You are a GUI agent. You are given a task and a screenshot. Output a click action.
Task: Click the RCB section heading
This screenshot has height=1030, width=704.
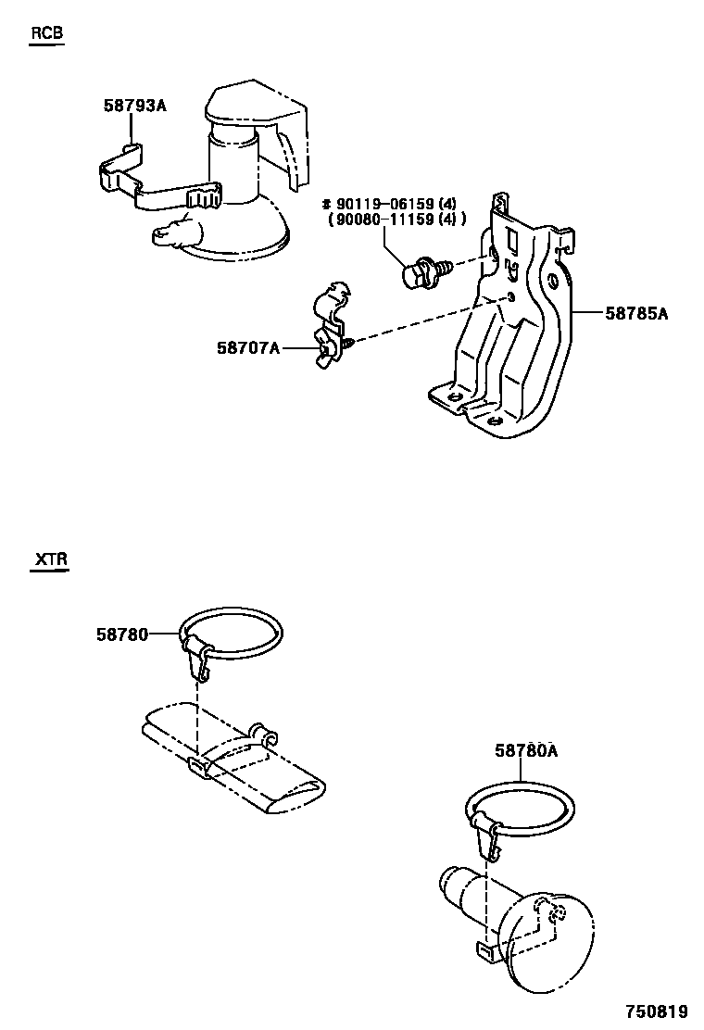click(x=47, y=33)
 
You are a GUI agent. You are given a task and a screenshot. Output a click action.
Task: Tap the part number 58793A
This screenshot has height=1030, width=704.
click(x=134, y=106)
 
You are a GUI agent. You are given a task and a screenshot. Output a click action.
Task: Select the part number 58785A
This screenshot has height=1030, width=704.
click(x=636, y=314)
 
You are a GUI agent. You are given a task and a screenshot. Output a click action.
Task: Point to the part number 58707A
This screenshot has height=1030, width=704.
click(x=248, y=347)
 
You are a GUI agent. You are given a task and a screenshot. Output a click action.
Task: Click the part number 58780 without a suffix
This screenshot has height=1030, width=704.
click(x=121, y=634)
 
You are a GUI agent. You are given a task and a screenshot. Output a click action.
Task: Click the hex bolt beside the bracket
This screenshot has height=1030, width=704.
click(x=420, y=272)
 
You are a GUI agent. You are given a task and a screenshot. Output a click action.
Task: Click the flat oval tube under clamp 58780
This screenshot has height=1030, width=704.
click(x=232, y=764)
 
